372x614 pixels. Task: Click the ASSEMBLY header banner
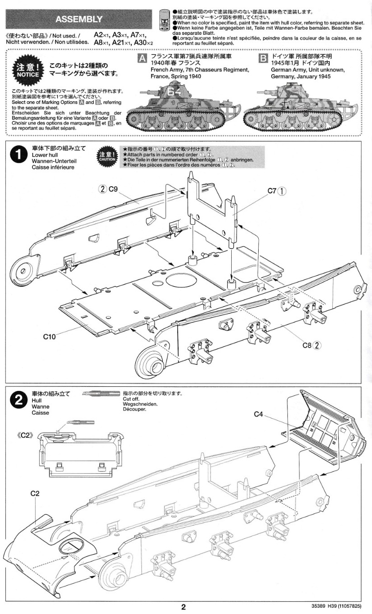pos(79,19)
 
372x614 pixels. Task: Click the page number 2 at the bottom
pos(183,607)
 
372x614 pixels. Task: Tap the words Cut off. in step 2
pos(131,399)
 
